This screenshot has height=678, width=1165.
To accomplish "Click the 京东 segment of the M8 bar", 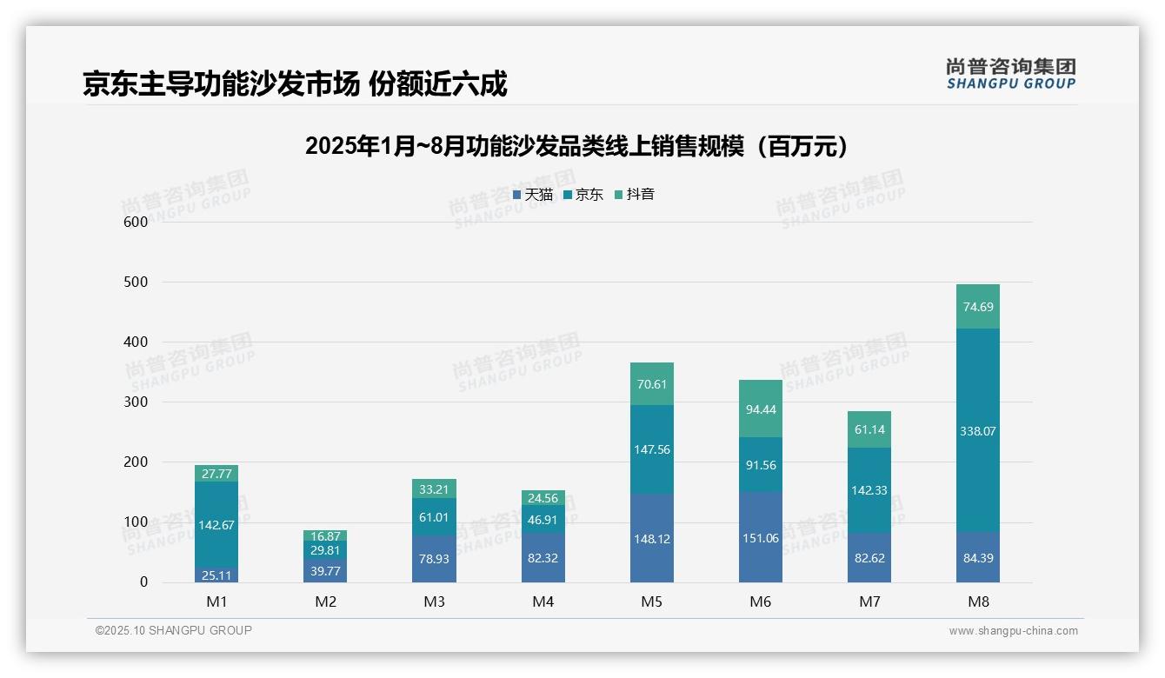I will (x=977, y=430).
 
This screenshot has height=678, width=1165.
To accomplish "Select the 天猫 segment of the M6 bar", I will (x=761, y=537).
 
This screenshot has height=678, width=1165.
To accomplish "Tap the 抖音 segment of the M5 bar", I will (x=651, y=384).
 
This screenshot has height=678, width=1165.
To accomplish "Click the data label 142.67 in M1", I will (x=216, y=525).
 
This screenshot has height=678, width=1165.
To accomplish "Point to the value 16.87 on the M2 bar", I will (x=325, y=536).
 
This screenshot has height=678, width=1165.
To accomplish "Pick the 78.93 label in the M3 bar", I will (x=434, y=559).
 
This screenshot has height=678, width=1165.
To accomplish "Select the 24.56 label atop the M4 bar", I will (x=543, y=499).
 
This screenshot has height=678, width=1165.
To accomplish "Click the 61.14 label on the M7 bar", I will (x=869, y=429).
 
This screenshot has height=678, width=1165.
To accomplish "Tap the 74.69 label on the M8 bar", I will (x=977, y=307).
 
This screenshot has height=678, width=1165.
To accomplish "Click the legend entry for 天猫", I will (x=533, y=195).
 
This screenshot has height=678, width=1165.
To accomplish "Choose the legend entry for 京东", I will (x=583, y=195).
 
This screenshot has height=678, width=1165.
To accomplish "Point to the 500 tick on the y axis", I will (x=136, y=282).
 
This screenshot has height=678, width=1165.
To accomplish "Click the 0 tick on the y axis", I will (x=143, y=582).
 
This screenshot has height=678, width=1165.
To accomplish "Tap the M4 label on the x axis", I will (x=543, y=602).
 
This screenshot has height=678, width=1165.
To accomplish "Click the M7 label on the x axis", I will (x=869, y=602).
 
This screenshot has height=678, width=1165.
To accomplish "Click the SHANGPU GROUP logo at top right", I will (x=1010, y=74).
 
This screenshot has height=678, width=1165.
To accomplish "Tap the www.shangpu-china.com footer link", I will (x=1013, y=631).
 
